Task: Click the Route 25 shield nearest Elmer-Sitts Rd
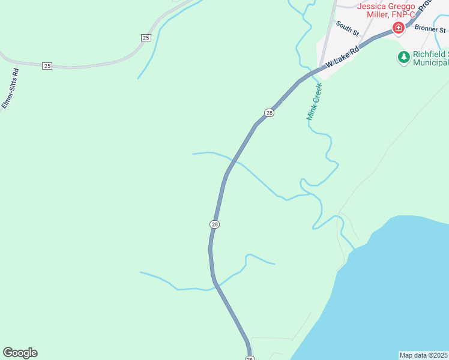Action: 47,65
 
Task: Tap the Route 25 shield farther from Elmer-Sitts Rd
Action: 146,38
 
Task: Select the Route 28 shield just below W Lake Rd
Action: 269,113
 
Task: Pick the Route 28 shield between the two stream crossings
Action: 215,224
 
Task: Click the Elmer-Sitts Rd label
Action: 10,88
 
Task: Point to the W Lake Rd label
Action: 342,58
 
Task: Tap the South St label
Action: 347,27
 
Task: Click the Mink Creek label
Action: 315,101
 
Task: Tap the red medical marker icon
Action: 397,28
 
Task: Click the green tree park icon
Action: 404,57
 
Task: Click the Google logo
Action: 20,353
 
